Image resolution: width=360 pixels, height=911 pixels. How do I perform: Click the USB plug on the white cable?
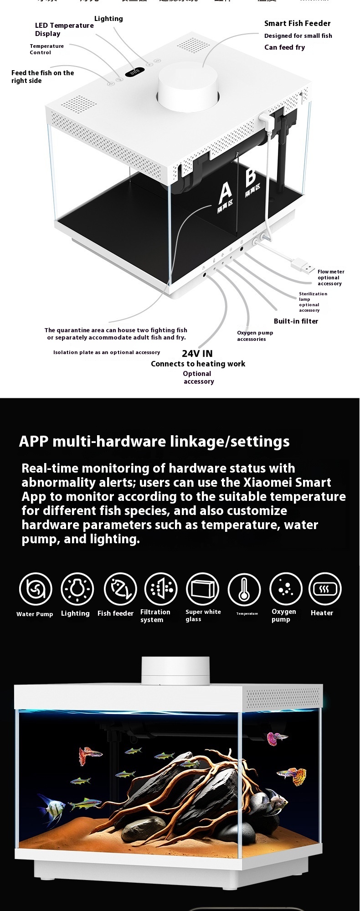(303, 265)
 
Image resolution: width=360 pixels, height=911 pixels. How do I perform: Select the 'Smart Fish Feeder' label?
(297, 23)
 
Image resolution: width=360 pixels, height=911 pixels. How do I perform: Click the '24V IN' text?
(197, 354)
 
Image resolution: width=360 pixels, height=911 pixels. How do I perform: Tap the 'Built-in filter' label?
(296, 321)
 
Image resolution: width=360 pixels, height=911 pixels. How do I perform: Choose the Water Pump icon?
(36, 589)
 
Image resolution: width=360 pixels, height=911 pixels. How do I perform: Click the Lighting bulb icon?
(77, 589)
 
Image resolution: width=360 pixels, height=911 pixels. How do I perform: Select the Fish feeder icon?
(120, 589)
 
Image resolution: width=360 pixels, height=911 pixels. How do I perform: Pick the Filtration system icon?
(161, 589)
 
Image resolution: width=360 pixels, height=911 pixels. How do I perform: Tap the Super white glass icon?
(202, 589)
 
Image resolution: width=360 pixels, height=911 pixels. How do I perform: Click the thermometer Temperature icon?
(244, 589)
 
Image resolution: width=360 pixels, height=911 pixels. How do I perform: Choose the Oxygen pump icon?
(286, 589)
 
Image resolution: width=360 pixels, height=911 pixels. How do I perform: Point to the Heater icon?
(325, 589)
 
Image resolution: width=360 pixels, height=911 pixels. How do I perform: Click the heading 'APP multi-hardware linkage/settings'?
(154, 442)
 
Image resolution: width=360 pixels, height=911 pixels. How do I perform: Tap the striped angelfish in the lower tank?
(51, 807)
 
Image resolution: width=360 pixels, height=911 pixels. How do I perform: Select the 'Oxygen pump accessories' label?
(255, 336)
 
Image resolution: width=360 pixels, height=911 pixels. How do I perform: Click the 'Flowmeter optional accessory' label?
(330, 278)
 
